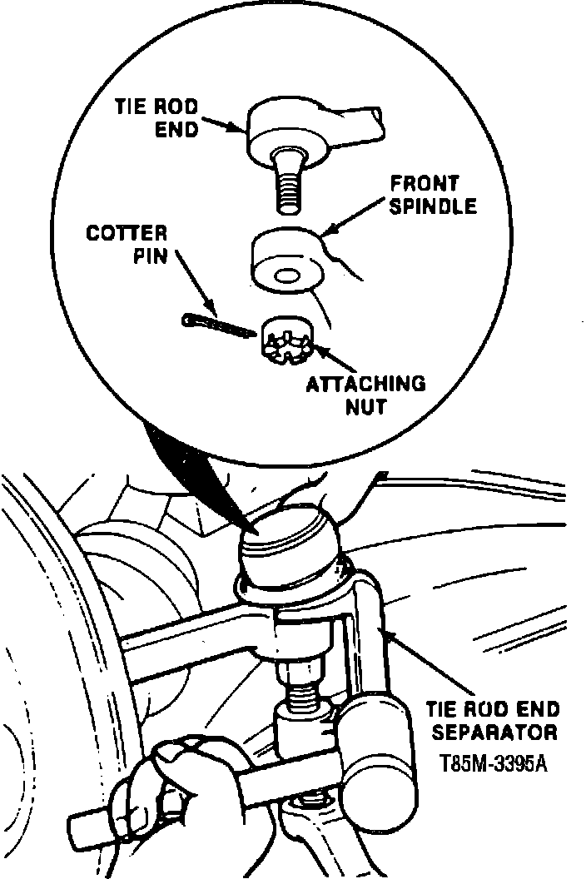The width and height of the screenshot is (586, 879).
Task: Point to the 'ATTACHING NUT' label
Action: pos(366,395)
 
